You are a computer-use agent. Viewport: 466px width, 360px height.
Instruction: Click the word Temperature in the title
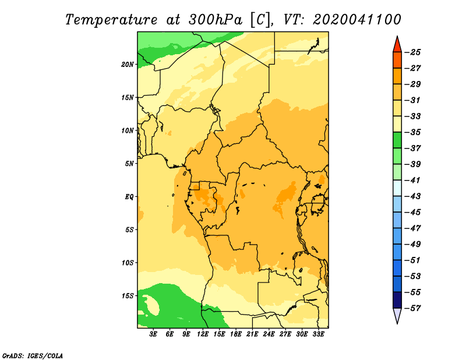pos(111,20)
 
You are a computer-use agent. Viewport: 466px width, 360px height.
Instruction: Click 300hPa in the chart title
pos(215,20)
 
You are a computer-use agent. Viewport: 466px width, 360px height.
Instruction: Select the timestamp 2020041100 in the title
pos(357,20)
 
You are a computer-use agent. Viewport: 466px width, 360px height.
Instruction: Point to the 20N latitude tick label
pos(128,65)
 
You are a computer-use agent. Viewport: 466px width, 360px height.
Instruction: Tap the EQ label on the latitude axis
pos(129,197)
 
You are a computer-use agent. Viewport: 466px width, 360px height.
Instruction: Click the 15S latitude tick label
pos(128,296)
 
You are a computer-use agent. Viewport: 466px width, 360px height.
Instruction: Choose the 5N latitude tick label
pos(129,164)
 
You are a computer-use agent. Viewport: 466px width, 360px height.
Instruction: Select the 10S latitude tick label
pos(128,263)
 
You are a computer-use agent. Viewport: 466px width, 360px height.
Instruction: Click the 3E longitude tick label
pos(153,334)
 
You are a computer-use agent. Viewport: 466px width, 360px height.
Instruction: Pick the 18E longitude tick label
pos(236,334)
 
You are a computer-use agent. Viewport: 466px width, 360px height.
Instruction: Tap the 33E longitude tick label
pos(318,334)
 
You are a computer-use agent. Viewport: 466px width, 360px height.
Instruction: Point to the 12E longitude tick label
pos(203,334)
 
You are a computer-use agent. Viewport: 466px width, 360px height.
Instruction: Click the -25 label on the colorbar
pos(412,52)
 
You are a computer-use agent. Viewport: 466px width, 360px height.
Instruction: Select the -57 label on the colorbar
pos(412,308)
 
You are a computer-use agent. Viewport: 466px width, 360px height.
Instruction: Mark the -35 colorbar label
pos(412,132)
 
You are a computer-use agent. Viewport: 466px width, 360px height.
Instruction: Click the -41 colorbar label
pos(412,181)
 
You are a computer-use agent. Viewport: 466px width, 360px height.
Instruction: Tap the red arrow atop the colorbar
pos(397,45)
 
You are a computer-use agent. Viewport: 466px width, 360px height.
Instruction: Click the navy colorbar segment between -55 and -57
pos(397,300)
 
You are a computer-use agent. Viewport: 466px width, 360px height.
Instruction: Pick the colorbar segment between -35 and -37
pos(397,140)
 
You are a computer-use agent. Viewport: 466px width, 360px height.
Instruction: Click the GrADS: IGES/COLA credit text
pos(33,355)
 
